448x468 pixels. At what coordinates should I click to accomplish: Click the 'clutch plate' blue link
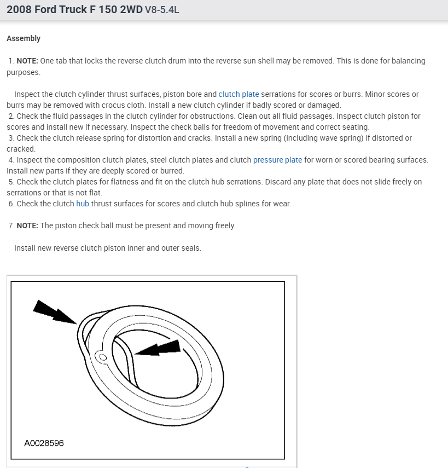(x=238, y=94)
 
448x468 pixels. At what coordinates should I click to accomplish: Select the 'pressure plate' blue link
(x=277, y=160)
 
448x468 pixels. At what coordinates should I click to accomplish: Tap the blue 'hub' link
(x=83, y=204)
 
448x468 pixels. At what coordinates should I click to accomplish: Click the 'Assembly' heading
(x=24, y=38)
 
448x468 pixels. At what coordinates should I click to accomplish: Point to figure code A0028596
(x=44, y=442)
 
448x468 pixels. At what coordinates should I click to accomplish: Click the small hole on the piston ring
(x=102, y=357)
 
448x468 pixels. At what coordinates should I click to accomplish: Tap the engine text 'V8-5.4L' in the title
(x=162, y=10)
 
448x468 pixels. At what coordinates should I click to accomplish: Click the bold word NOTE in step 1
(x=27, y=61)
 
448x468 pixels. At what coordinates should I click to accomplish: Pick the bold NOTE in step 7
(x=27, y=226)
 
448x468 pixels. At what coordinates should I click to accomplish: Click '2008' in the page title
(x=19, y=9)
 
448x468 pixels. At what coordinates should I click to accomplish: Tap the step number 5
(x=11, y=182)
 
